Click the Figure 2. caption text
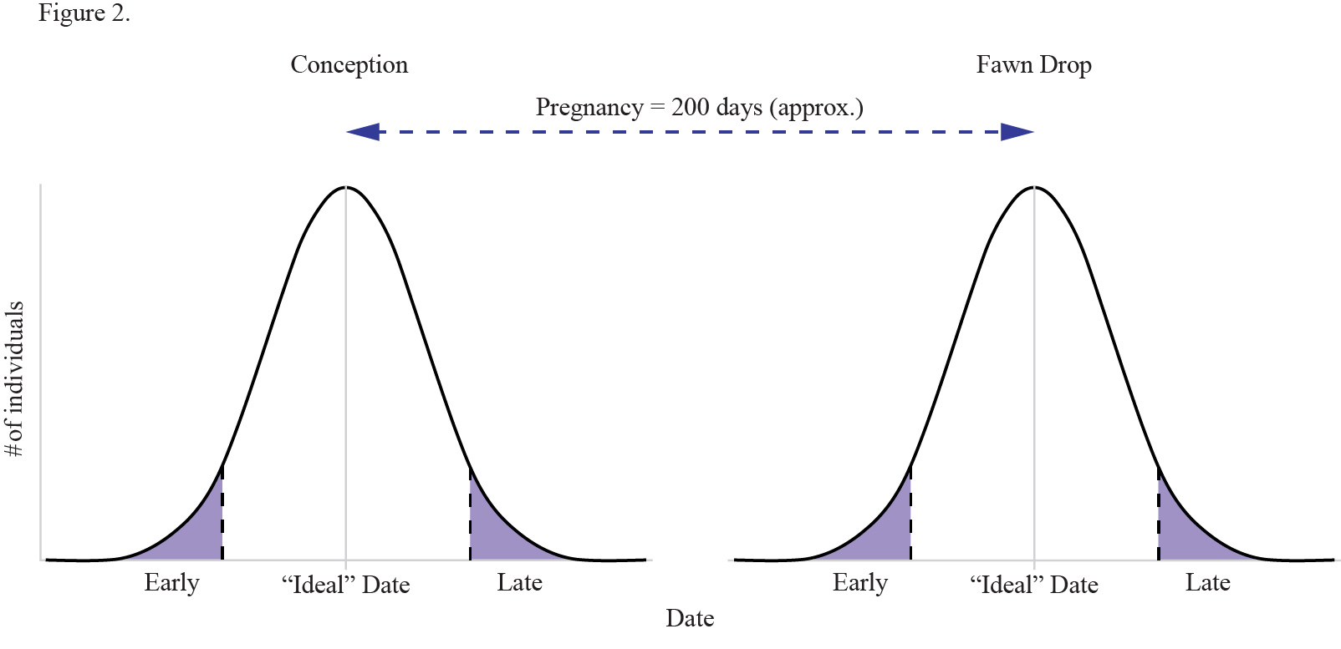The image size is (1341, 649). point(84,14)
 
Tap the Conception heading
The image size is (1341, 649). point(349,65)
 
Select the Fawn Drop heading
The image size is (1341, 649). point(1033,65)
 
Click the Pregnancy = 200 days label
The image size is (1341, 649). point(699,108)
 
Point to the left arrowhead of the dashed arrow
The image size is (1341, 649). point(363,132)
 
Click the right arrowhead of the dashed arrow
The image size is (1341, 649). point(1017,132)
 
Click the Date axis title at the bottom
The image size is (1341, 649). point(690,619)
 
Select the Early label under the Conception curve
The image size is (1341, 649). point(171,582)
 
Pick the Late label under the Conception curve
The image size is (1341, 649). point(519,582)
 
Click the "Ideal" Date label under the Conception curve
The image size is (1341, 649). point(345,585)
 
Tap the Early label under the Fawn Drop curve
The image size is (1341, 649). point(859,582)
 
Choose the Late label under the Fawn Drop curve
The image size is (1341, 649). point(1207,582)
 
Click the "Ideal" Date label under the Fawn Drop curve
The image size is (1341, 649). point(1033,585)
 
